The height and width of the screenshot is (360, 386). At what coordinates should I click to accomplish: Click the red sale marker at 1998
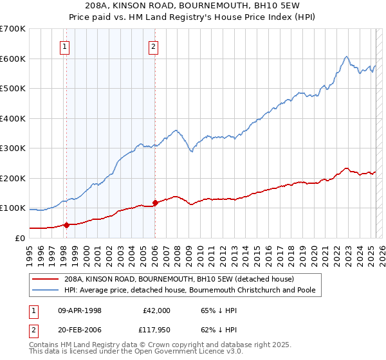click(x=66, y=225)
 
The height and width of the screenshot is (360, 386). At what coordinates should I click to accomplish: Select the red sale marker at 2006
click(x=155, y=203)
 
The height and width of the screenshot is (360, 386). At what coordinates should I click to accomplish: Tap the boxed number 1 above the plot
click(x=66, y=46)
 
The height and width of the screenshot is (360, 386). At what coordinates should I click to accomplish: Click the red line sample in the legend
click(x=46, y=279)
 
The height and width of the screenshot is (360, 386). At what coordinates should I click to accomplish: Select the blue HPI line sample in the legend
click(x=46, y=290)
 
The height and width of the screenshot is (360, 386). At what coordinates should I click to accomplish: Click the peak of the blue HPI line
click(x=347, y=57)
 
